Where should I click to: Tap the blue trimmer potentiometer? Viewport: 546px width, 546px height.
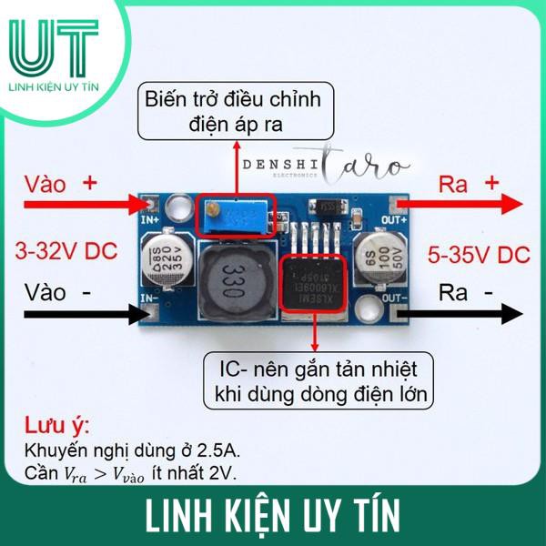[236, 217]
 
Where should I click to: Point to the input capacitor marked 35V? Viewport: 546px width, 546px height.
[160, 257]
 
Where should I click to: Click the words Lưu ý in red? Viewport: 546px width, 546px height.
[56, 427]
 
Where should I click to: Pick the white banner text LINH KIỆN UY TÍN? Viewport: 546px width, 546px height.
[272, 514]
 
